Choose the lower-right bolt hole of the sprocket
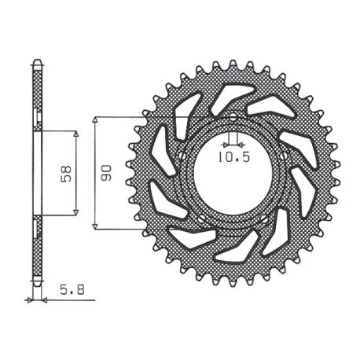267,221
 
